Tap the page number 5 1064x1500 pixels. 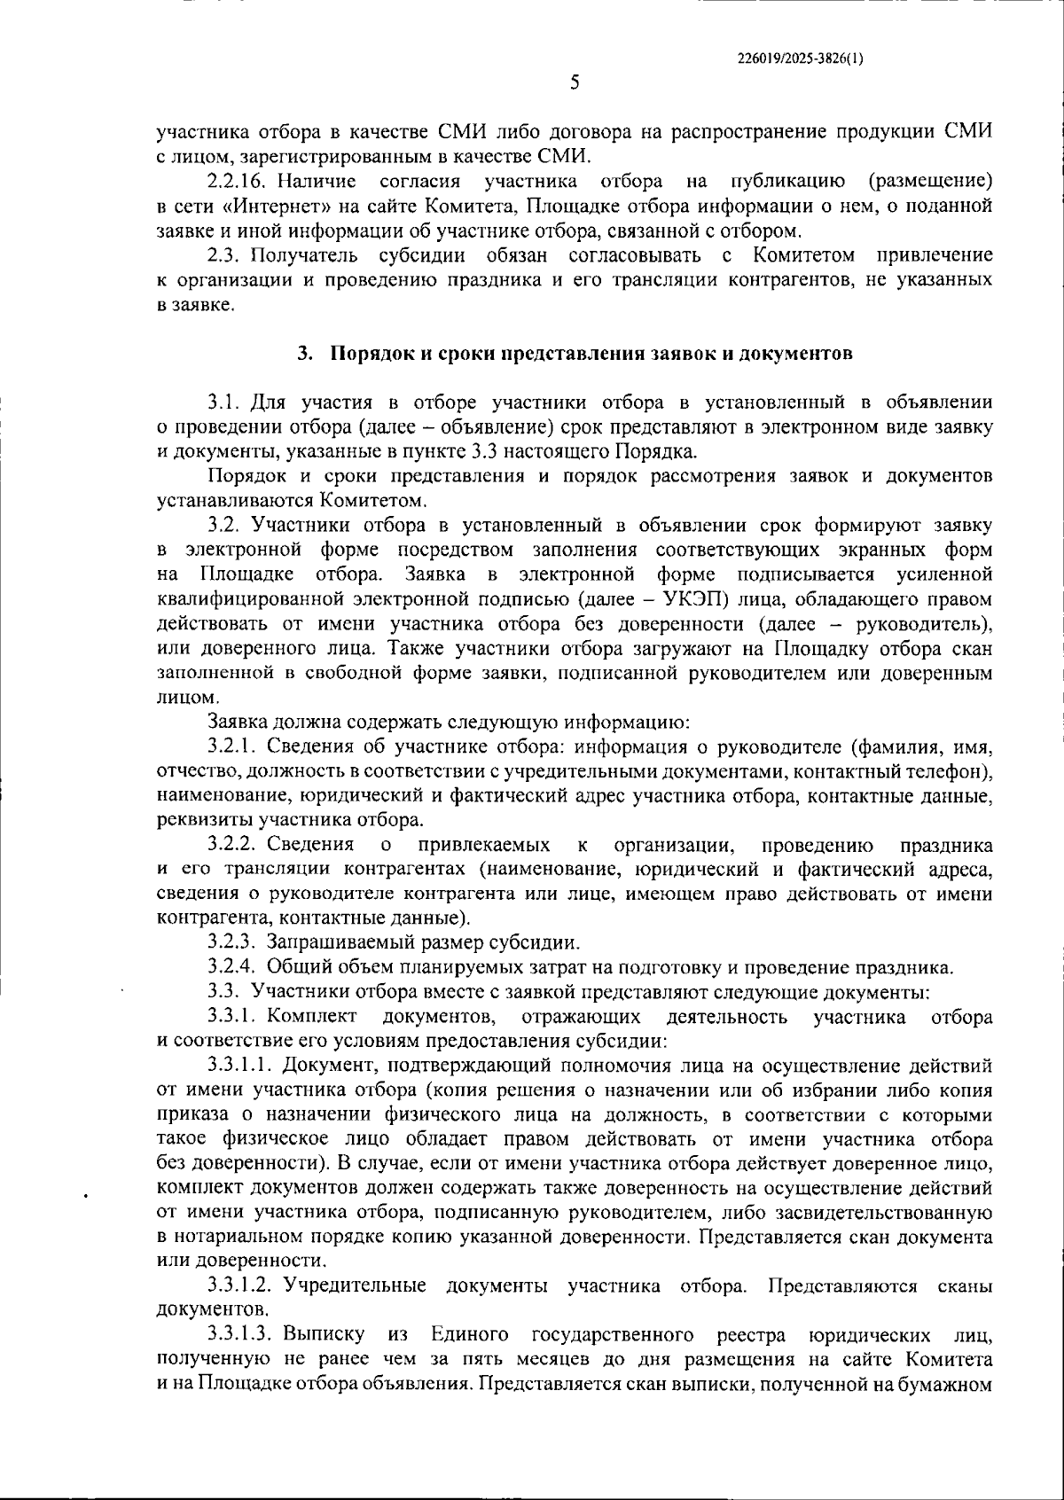575,83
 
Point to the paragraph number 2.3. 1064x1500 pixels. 223,256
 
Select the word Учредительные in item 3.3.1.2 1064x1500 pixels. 361,1285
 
